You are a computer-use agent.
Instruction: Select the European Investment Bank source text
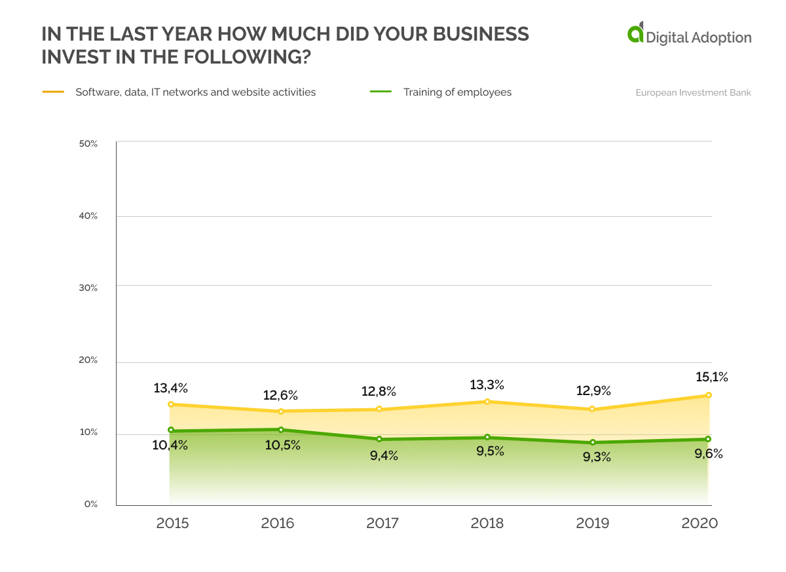pyautogui.click(x=693, y=92)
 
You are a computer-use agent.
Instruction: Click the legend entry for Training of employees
pyautogui.click(x=457, y=92)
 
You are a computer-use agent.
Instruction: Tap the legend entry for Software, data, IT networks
pyautogui.click(x=195, y=92)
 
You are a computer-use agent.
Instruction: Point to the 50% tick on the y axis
pyautogui.click(x=88, y=143)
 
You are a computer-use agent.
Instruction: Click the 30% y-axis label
pyautogui.click(x=88, y=288)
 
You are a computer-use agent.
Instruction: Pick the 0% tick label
pyautogui.click(x=90, y=504)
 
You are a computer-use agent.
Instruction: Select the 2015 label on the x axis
pyautogui.click(x=173, y=524)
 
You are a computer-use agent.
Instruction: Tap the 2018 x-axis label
pyautogui.click(x=487, y=524)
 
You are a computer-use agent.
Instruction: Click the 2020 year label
pyautogui.click(x=700, y=524)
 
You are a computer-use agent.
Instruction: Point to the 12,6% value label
pyautogui.click(x=281, y=395)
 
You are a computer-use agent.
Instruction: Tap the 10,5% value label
pyautogui.click(x=283, y=445)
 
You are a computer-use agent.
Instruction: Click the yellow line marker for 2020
pyautogui.click(x=709, y=395)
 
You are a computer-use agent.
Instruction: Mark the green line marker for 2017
pyautogui.click(x=379, y=439)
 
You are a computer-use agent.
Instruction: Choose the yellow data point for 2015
pyautogui.click(x=171, y=404)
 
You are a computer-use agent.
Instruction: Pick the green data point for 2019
pyautogui.click(x=592, y=442)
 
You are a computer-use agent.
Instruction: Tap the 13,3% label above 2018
pyautogui.click(x=487, y=385)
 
